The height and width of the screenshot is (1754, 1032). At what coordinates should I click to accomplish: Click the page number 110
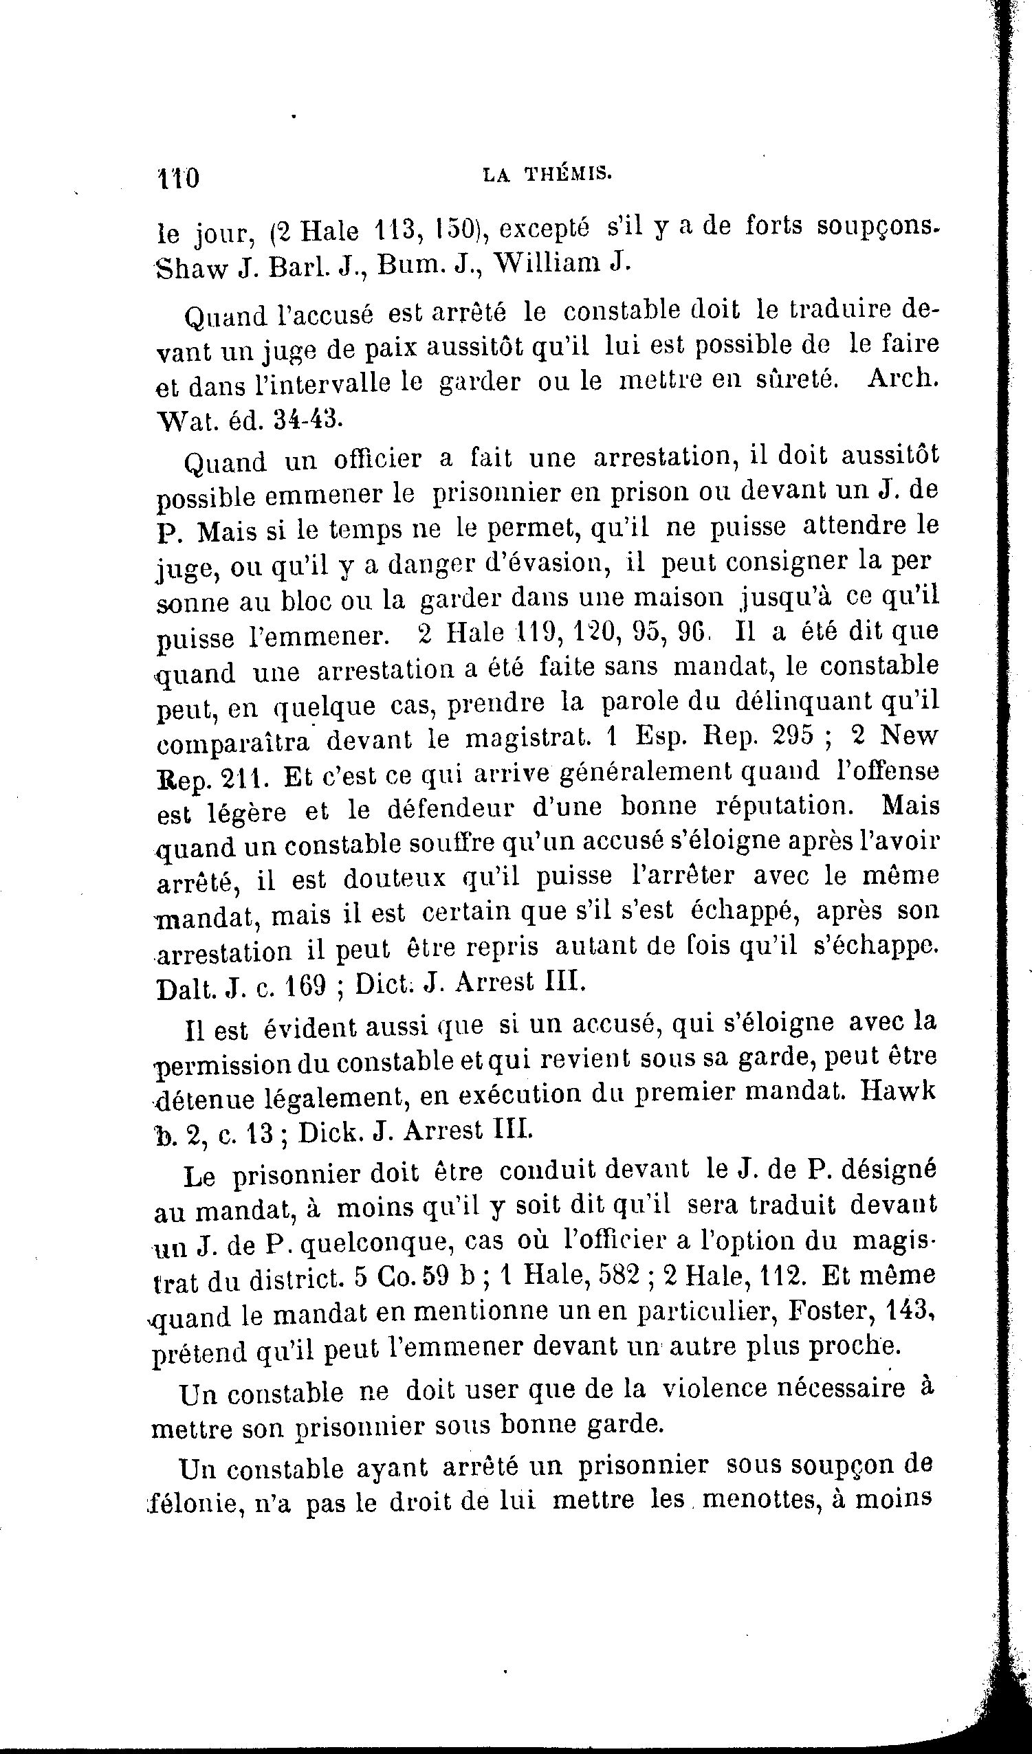click(178, 179)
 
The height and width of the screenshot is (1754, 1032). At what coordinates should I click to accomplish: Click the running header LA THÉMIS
click(547, 175)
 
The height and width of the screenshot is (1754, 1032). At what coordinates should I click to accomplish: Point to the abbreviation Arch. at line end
click(903, 379)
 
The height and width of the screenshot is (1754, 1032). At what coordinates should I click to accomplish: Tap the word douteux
click(394, 878)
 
